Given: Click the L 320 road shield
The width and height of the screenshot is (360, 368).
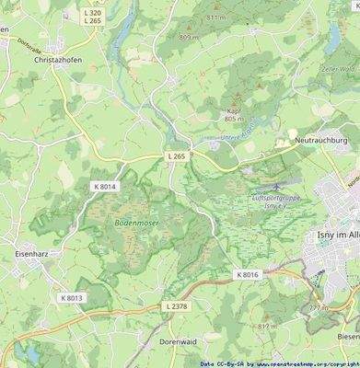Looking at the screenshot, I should tap(93, 13).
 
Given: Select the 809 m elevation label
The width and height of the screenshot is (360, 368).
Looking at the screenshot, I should tap(189, 37).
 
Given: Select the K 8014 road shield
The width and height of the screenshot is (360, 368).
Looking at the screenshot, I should tap(106, 186).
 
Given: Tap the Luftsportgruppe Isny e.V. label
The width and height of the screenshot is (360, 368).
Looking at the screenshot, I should tap(277, 202).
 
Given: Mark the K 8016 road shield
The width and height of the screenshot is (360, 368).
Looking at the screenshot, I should tap(248, 274).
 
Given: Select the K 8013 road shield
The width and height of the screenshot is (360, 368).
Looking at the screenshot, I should tap(72, 297).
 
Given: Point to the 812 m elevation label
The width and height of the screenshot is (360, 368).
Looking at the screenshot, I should tap(266, 327).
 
